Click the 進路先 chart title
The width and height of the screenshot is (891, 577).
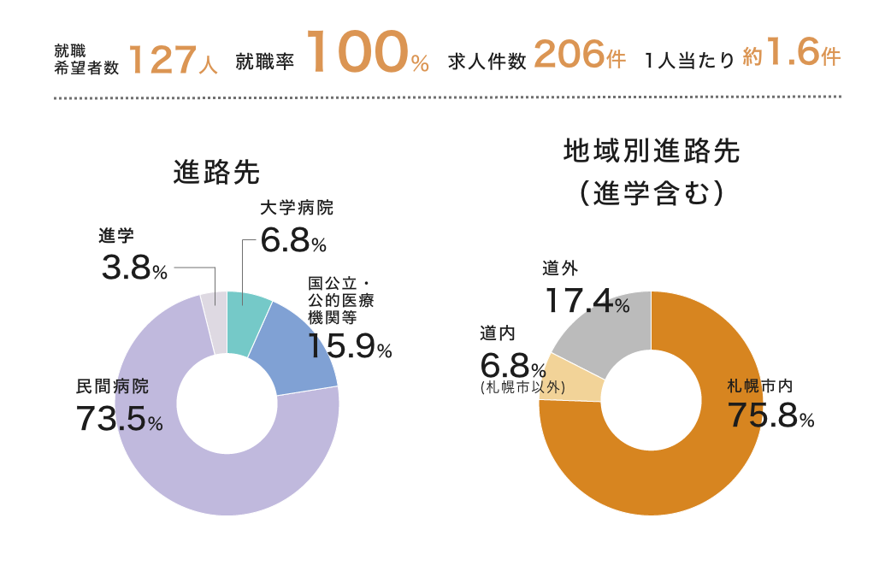pyautogui.click(x=216, y=172)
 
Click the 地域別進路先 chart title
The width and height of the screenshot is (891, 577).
pyautogui.click(x=652, y=151)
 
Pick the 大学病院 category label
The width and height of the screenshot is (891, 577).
pyautogui.click(x=297, y=208)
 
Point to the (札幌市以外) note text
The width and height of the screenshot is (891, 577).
pyautogui.click(x=523, y=386)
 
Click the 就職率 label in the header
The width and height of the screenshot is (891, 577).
pyautogui.click(x=265, y=62)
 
